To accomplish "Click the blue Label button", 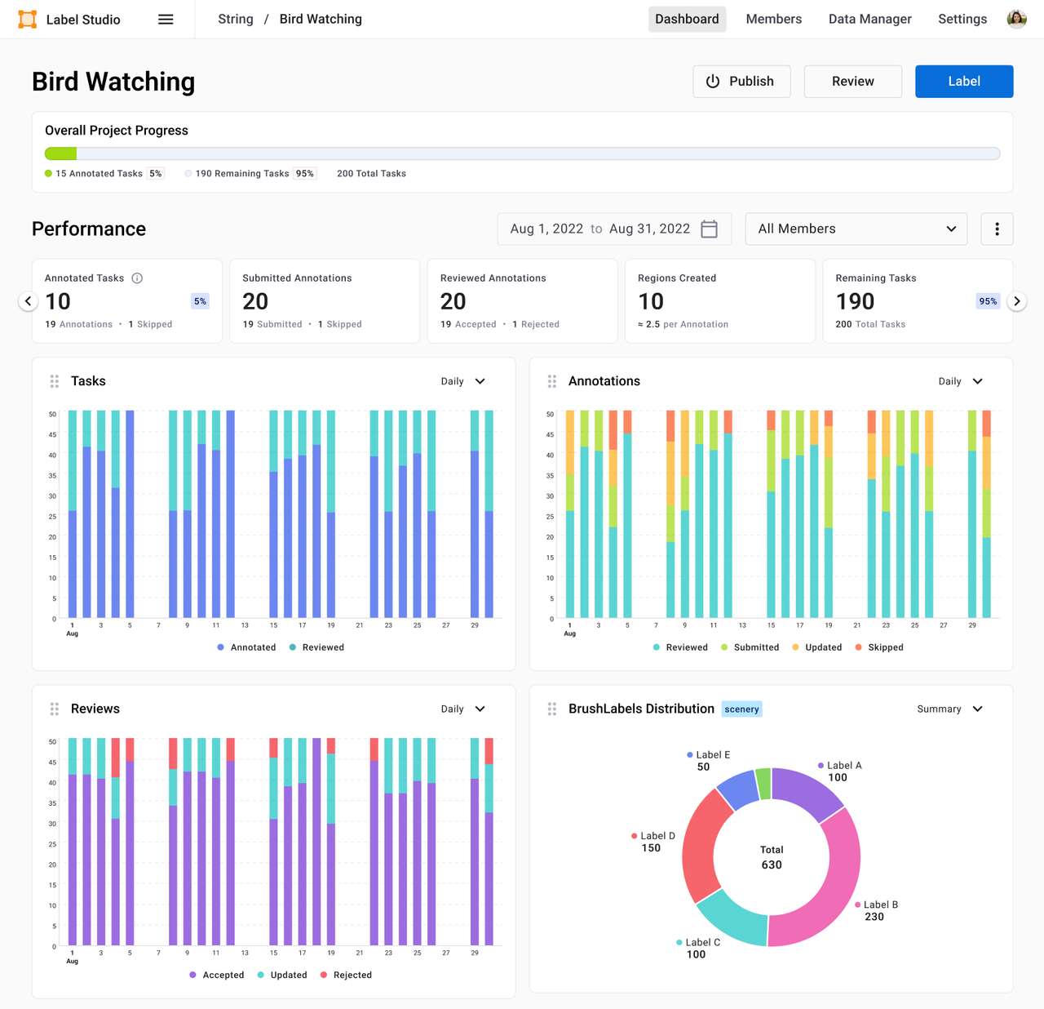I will [963, 82].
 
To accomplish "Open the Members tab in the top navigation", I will [773, 19].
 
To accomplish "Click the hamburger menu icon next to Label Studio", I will [166, 19].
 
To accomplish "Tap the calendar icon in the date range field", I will [710, 229].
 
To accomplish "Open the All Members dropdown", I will [856, 229].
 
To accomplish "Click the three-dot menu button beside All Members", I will [997, 229].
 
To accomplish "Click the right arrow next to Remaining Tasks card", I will [1016, 301].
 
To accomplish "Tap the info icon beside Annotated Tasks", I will [137, 278].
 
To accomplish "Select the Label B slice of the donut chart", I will [824, 890].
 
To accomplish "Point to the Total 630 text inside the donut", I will [772, 857].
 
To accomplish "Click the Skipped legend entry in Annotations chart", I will [878, 647].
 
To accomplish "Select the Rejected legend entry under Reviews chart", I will [346, 975].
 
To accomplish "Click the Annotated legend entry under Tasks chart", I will [246, 647].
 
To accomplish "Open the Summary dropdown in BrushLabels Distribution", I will [949, 709].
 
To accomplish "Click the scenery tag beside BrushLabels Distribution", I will [741, 709].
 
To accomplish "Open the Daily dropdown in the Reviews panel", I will [462, 709].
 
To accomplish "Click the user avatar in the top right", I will [1016, 19].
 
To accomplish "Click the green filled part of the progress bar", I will [60, 153].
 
